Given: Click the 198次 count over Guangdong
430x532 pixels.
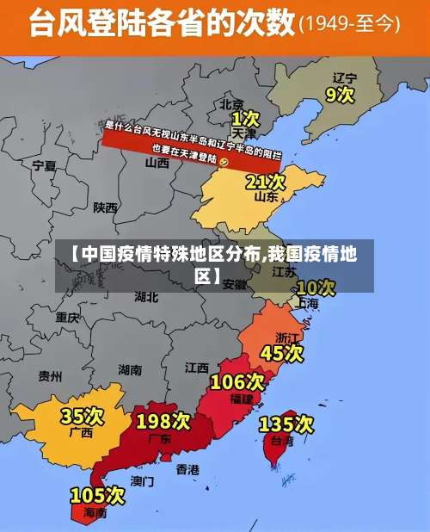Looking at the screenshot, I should pyautogui.click(x=163, y=421).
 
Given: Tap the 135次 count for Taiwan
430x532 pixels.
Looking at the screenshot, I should pyautogui.click(x=286, y=424).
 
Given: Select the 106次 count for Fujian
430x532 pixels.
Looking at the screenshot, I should pyautogui.click(x=237, y=381).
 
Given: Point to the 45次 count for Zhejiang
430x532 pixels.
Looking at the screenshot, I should pyautogui.click(x=282, y=352).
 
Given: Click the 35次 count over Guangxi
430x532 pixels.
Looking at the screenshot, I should pyautogui.click(x=82, y=416).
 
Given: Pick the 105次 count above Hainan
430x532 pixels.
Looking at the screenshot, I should pyautogui.click(x=97, y=495).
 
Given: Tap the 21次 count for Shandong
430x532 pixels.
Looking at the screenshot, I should pyautogui.click(x=266, y=182).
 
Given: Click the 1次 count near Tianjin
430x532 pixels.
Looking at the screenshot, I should pyautogui.click(x=245, y=117).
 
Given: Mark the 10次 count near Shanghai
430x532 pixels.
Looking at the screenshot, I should pyautogui.click(x=316, y=287).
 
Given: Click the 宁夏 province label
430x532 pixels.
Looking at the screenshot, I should pyautogui.click(x=44, y=165).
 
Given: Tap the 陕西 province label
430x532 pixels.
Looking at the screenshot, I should pyautogui.click(x=106, y=207).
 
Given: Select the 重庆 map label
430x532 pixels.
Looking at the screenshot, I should pyautogui.click(x=68, y=318).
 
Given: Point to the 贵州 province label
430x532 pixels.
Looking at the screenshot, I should pyautogui.click(x=50, y=376).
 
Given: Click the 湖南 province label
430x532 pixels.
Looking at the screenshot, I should pyautogui.click(x=130, y=370).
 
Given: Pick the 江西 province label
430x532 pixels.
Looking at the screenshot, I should pyautogui.click(x=197, y=368).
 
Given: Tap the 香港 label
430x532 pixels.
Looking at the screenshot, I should pyautogui.click(x=187, y=470).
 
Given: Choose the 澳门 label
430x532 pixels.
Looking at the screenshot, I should pyautogui.click(x=142, y=481).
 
